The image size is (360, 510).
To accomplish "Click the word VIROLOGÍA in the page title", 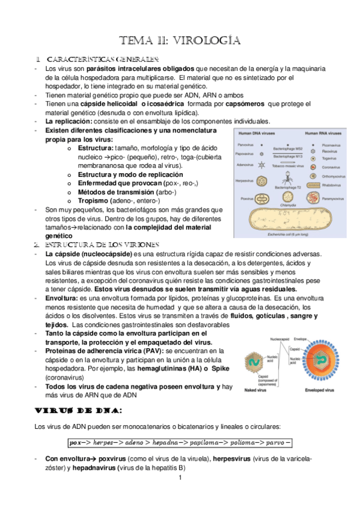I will tap(207, 41).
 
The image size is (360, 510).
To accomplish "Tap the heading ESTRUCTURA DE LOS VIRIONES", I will tap(102, 245).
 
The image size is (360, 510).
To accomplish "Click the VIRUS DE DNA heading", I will tap(79, 410).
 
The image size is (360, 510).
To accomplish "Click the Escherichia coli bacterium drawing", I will tap(291, 221).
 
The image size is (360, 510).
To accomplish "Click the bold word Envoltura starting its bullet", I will tap(61, 298).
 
